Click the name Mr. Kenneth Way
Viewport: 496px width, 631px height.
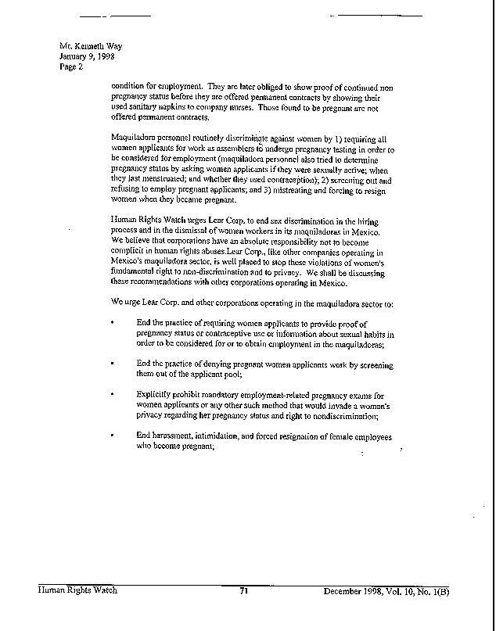[91, 46]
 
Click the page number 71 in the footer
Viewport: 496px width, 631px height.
[244, 591]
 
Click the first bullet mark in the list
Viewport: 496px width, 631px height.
[114, 322]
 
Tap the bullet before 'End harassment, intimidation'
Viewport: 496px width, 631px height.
[114, 435]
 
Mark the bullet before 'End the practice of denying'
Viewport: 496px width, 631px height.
[114, 364]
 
